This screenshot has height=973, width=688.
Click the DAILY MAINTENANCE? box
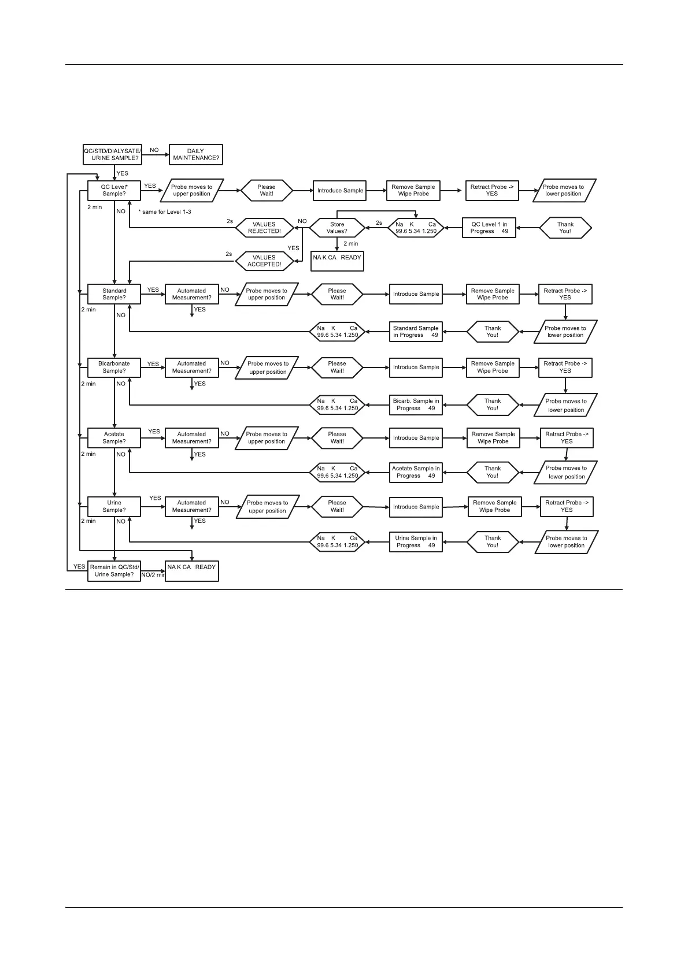(x=195, y=155)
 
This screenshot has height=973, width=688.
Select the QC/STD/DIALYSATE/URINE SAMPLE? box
(x=112, y=155)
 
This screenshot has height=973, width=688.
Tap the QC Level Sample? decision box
(x=114, y=191)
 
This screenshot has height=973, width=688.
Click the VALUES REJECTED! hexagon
(x=264, y=228)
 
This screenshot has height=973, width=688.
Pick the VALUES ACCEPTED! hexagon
(x=264, y=261)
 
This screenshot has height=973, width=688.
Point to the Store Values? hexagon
(x=337, y=228)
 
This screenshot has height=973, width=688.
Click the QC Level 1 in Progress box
(x=489, y=228)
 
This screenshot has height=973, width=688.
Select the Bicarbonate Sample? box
(x=114, y=367)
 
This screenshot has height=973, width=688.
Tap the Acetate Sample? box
(x=114, y=438)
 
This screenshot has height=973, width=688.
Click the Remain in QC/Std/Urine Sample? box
(x=114, y=571)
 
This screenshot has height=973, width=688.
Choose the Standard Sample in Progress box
(x=416, y=332)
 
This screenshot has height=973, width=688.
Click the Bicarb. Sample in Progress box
(x=416, y=404)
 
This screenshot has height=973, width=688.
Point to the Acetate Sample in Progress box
(x=416, y=472)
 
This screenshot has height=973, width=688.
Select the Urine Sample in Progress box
(x=416, y=542)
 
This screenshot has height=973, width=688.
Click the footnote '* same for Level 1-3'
(x=165, y=212)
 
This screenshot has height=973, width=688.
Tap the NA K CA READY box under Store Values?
(x=337, y=261)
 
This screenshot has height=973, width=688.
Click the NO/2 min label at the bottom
(x=153, y=575)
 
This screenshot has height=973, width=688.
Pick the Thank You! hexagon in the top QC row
(x=565, y=228)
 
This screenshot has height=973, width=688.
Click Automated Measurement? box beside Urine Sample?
(x=191, y=507)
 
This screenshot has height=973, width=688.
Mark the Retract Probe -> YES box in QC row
(x=492, y=191)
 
